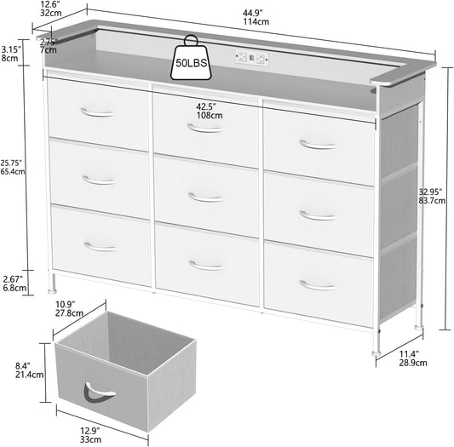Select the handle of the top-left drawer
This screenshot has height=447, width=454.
coord(96,112)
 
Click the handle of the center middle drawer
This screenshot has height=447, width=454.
coord(204,198)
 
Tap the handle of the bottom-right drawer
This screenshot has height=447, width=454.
coord(318,284)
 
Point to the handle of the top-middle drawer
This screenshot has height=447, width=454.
coord(204,129)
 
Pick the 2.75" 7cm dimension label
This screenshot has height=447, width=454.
coord(49,46)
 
